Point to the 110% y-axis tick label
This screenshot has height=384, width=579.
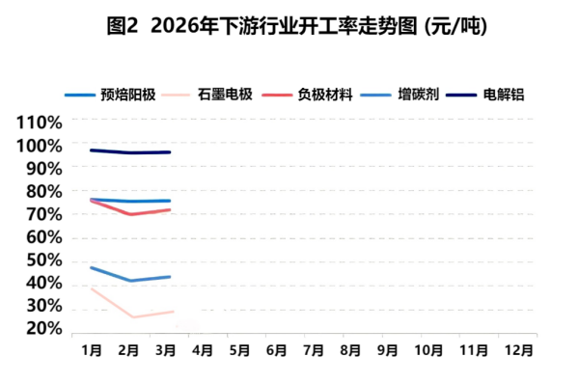coord(40,123)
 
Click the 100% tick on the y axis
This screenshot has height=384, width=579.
coord(40,146)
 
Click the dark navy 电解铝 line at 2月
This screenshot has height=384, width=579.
coord(130,152)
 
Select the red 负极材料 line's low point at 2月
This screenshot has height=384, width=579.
coord(130,214)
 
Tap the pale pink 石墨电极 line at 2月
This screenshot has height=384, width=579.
coord(130,316)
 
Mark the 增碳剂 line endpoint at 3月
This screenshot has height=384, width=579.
coord(169,277)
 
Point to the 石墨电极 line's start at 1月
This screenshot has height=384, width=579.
coord(92,288)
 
